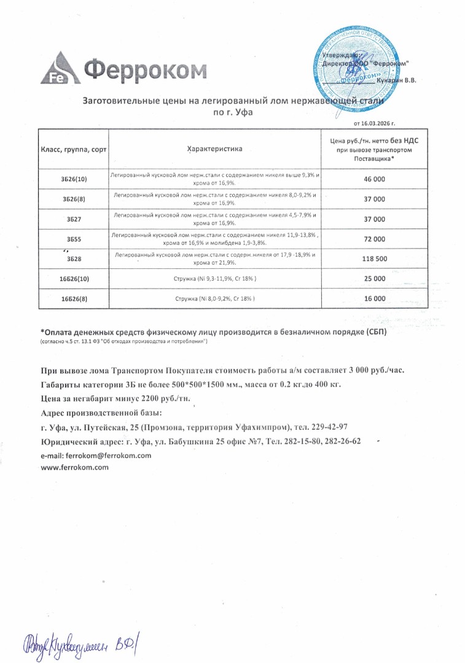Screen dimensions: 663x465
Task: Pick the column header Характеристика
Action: (214, 149)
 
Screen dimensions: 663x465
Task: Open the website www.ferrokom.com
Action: (74, 467)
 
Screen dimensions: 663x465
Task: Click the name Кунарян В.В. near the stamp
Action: (397, 80)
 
